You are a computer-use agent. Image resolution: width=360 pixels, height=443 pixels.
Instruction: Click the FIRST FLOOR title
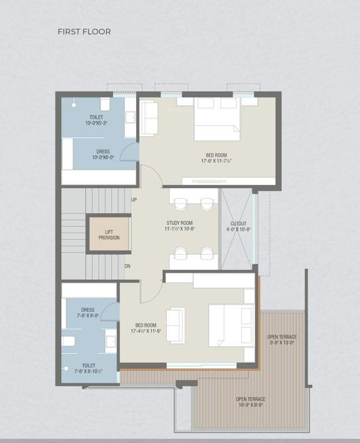(84, 32)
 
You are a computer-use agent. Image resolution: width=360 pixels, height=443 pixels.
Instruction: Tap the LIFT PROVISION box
(108, 234)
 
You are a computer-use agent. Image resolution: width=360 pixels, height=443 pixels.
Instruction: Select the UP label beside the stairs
(134, 200)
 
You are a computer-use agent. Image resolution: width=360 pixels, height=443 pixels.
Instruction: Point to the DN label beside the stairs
(128, 266)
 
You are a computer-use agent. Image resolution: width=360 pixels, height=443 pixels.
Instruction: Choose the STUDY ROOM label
(179, 226)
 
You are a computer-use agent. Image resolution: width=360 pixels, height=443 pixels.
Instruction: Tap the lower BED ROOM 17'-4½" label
(146, 328)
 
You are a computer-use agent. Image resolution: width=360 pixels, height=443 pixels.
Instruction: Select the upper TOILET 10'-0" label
(96, 120)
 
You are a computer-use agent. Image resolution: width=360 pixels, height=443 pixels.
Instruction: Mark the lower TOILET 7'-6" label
(88, 368)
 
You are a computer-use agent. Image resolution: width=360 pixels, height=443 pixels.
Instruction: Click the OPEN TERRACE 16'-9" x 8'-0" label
(250, 402)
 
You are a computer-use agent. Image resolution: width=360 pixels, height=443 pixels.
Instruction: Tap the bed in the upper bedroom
(216, 119)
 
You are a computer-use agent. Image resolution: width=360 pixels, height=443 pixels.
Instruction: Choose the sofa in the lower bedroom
(175, 321)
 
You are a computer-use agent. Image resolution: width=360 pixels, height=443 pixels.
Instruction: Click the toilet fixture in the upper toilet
(105, 104)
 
